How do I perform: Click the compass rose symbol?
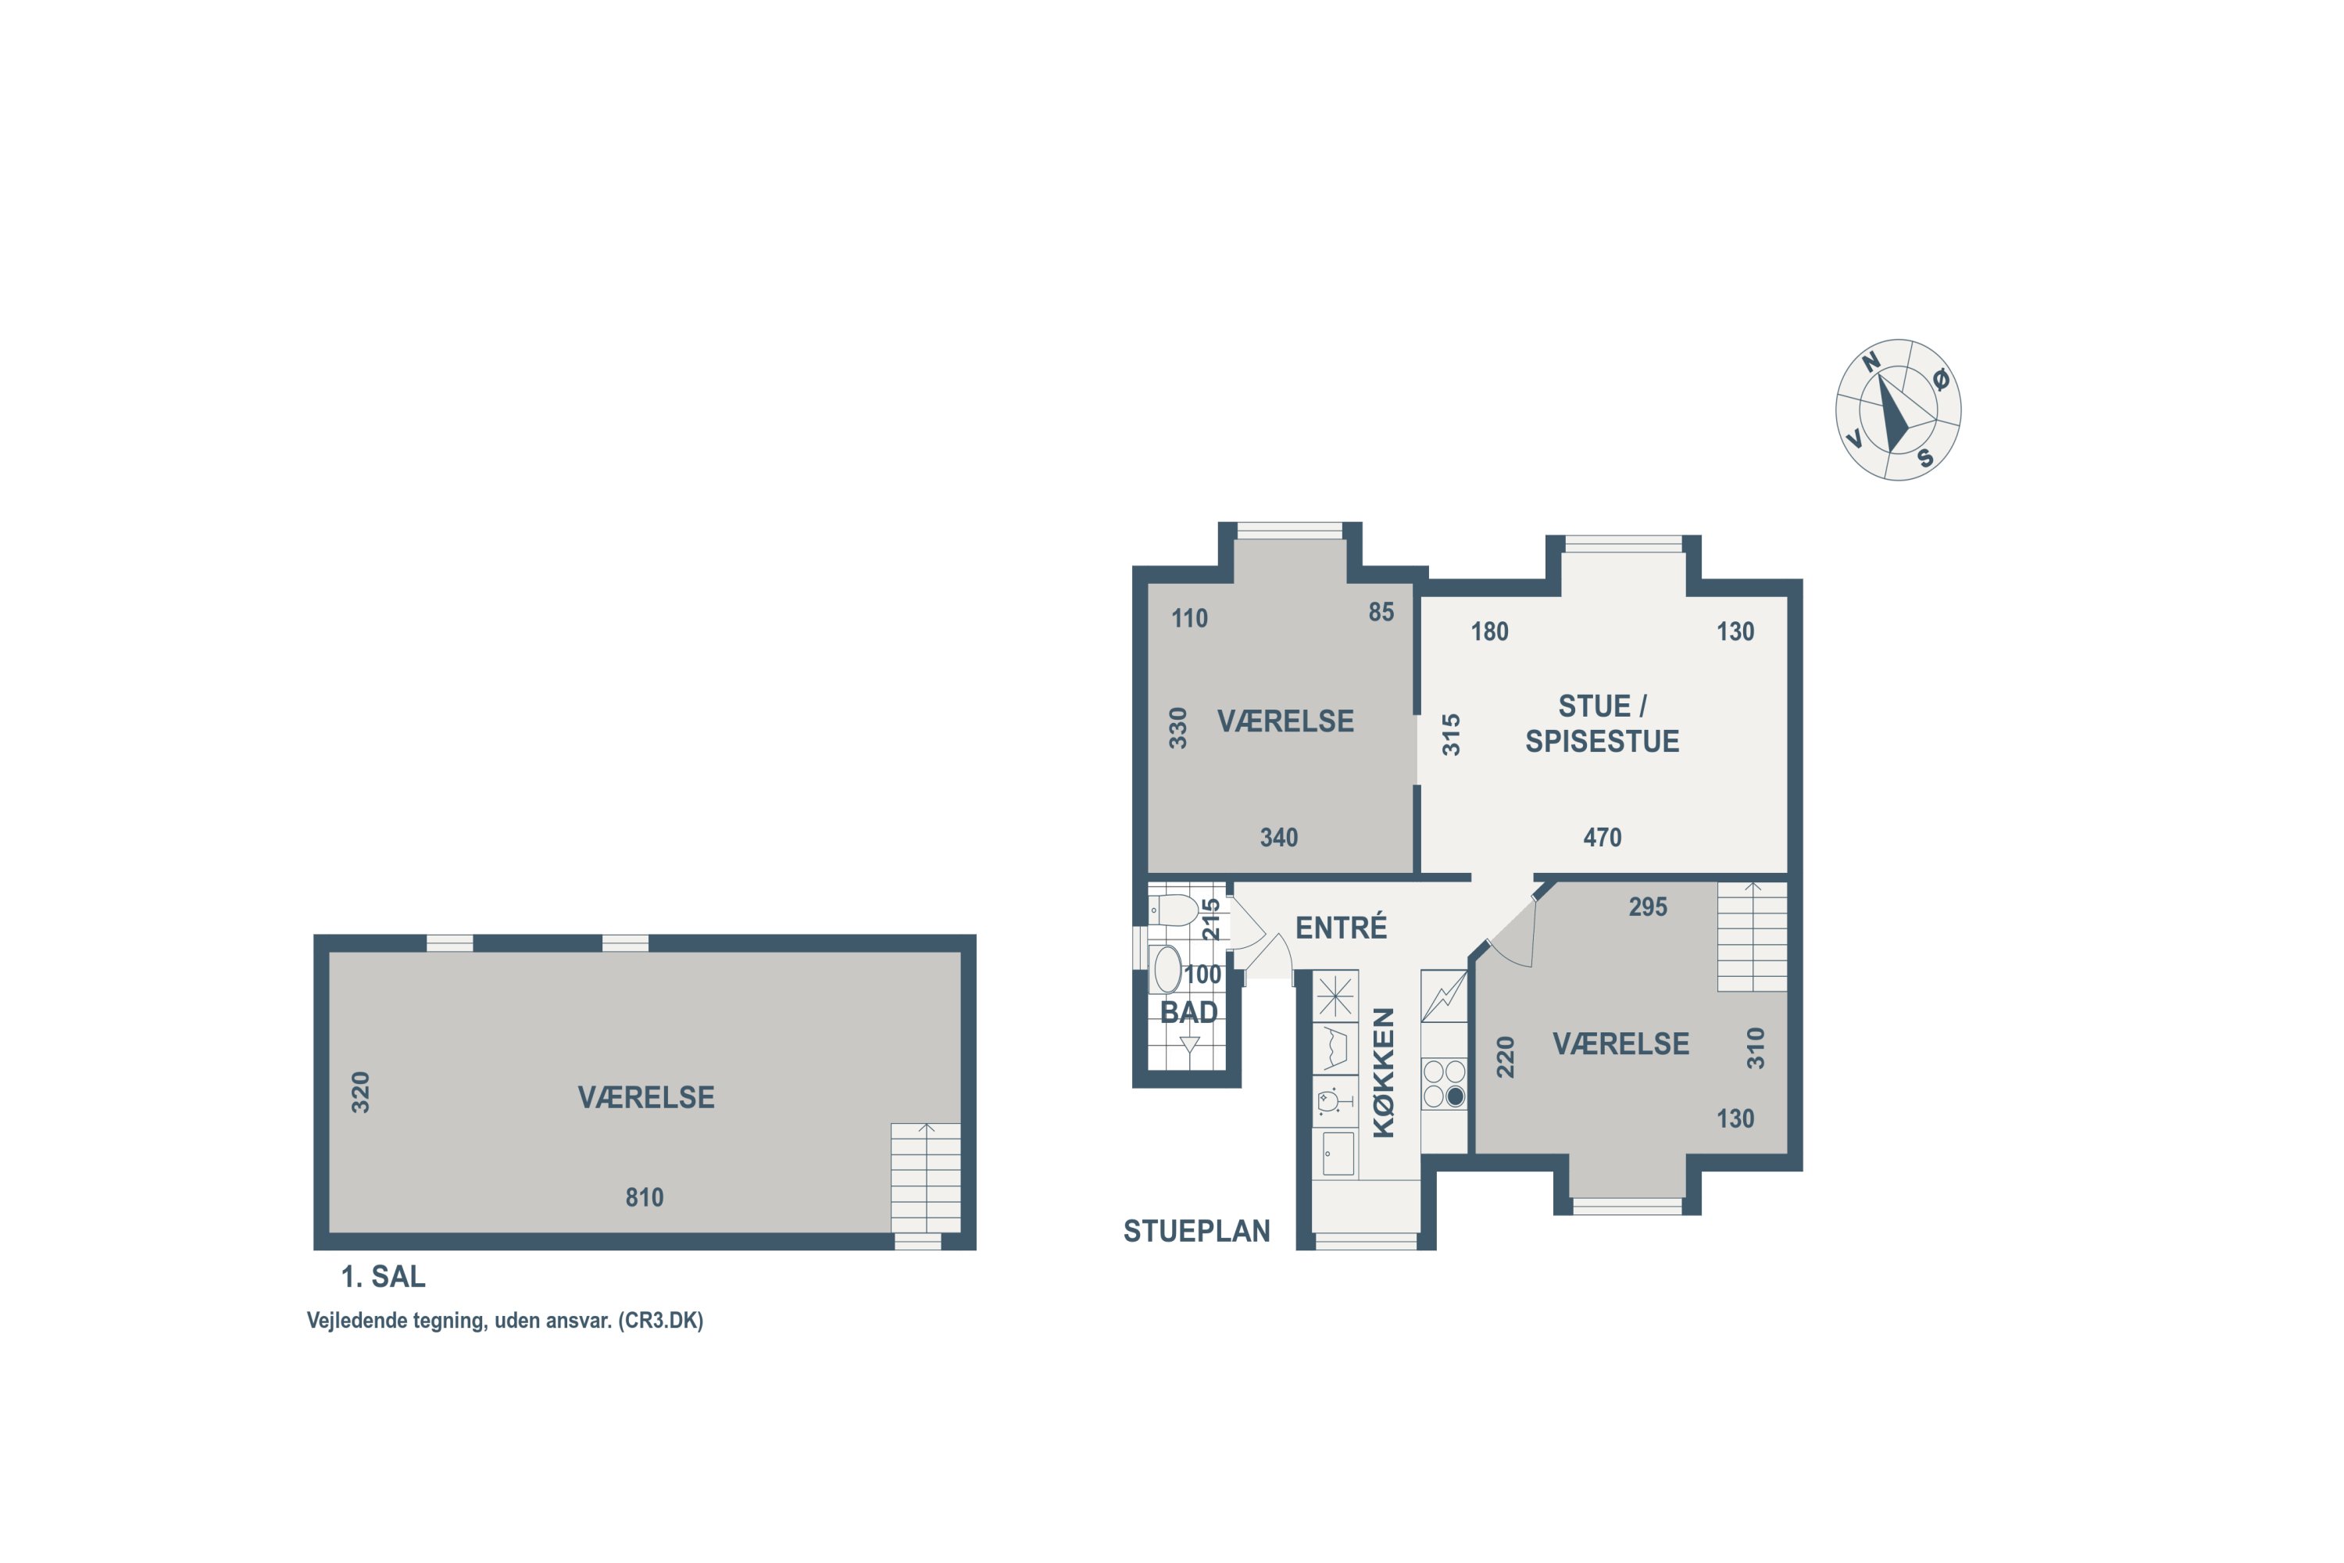[x=1898, y=410]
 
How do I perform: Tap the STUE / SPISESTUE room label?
[x=1603, y=724]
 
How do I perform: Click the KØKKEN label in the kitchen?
[x=1383, y=1072]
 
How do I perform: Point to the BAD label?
[x=1189, y=1013]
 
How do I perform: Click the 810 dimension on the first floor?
[x=644, y=1197]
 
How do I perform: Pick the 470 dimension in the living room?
[x=1603, y=837]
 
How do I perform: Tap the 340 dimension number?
[x=1278, y=837]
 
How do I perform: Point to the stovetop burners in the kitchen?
[x=1444, y=1083]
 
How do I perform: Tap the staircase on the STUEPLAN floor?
[x=1752, y=936]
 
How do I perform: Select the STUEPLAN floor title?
[x=1196, y=1231]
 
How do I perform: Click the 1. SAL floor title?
[x=383, y=1276]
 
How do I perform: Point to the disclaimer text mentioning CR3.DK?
[x=504, y=1321]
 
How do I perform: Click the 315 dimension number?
[x=1451, y=735]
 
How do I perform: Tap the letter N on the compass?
[x=1871, y=361]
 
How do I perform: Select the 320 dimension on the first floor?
[x=361, y=1093]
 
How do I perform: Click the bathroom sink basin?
[x=1166, y=969]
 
